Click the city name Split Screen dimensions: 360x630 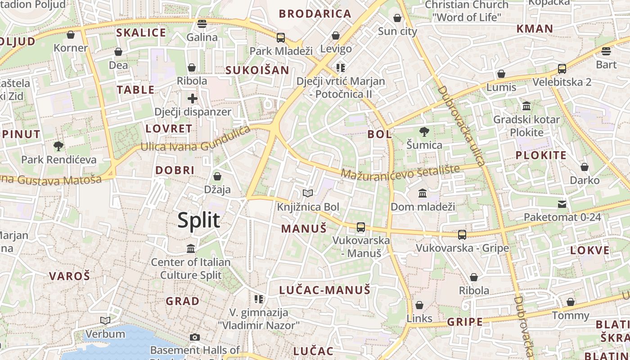point(198,220)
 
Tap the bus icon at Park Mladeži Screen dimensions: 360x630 point(281,37)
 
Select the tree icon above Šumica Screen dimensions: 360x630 point(424,132)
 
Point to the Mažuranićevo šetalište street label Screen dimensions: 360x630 point(400,171)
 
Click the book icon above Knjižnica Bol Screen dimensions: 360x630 point(308,193)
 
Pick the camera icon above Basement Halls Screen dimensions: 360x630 point(195,337)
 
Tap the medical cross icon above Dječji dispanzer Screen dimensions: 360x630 point(193,98)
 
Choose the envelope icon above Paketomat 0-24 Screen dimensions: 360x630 point(562,204)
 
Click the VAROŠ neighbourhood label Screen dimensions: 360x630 point(69,276)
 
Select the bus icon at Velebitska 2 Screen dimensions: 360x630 point(562,69)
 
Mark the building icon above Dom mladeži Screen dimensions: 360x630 point(423,193)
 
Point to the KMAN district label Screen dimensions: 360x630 point(535,29)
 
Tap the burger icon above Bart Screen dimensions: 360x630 point(606,51)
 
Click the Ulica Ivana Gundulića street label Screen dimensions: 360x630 point(195,140)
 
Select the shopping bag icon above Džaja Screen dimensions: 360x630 point(217,176)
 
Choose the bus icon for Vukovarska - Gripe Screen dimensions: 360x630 point(462,234)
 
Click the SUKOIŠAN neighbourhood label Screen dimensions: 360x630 point(257,70)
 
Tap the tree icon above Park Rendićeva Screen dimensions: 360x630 point(58,146)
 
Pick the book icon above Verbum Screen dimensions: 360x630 point(105,320)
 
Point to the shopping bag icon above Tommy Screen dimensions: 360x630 point(571,302)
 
